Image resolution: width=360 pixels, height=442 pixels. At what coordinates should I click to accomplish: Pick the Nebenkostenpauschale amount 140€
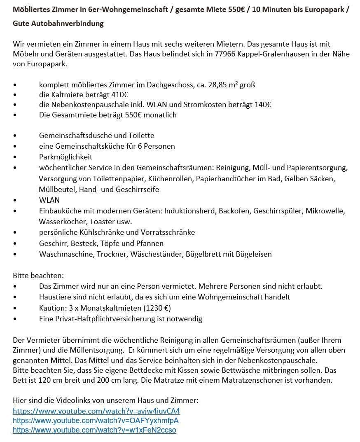tap(262, 105)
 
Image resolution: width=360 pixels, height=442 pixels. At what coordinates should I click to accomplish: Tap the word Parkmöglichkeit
tap(66, 157)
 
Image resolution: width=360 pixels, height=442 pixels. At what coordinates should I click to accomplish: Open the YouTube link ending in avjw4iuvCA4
tap(96, 411)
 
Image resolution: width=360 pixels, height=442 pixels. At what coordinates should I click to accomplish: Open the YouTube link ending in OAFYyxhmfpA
tap(96, 421)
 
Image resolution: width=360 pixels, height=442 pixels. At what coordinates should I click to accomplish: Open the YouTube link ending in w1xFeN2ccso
tap(94, 430)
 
